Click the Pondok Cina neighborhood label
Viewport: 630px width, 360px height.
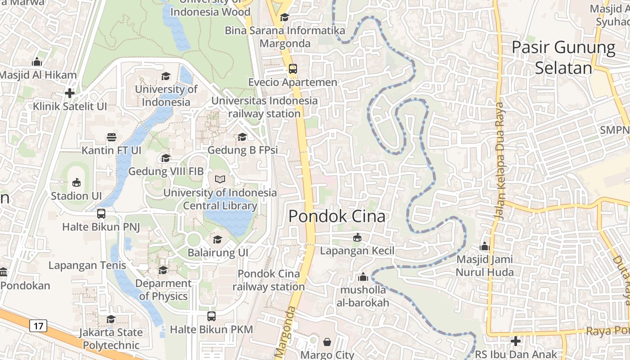pyautogui.click(x=337, y=216)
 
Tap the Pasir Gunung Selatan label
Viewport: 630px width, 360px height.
pyautogui.click(x=563, y=58)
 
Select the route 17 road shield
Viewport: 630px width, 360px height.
pyautogui.click(x=38, y=325)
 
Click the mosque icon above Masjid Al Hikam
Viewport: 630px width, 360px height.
pyautogui.click(x=37, y=62)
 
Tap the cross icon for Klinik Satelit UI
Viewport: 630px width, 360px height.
pyautogui.click(x=69, y=93)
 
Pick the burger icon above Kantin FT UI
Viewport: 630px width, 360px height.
pyautogui.click(x=111, y=137)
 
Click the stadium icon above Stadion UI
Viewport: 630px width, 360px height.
pyautogui.click(x=76, y=183)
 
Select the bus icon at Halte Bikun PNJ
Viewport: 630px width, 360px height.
pyautogui.click(x=101, y=214)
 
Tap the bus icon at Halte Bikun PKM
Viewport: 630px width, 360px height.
pyautogui.click(x=211, y=316)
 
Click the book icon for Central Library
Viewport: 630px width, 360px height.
pyautogui.click(x=220, y=180)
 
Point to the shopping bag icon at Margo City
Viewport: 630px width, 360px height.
pyautogui.click(x=327, y=342)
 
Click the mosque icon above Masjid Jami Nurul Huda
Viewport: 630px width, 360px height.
pyautogui.click(x=485, y=246)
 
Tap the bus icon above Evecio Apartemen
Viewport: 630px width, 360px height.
pyautogui.click(x=293, y=69)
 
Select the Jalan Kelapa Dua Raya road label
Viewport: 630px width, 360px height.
pyautogui.click(x=501, y=161)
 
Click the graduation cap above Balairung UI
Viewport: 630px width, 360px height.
pyautogui.click(x=217, y=239)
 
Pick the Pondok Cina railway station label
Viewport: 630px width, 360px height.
pyautogui.click(x=269, y=280)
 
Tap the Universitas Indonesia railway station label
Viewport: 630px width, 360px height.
pyautogui.click(x=264, y=107)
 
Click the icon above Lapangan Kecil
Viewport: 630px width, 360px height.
pyautogui.click(x=357, y=237)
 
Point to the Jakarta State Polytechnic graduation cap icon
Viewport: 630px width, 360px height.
pyautogui.click(x=111, y=319)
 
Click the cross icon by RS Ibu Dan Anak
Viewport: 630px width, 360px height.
pyautogui.click(x=516, y=341)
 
